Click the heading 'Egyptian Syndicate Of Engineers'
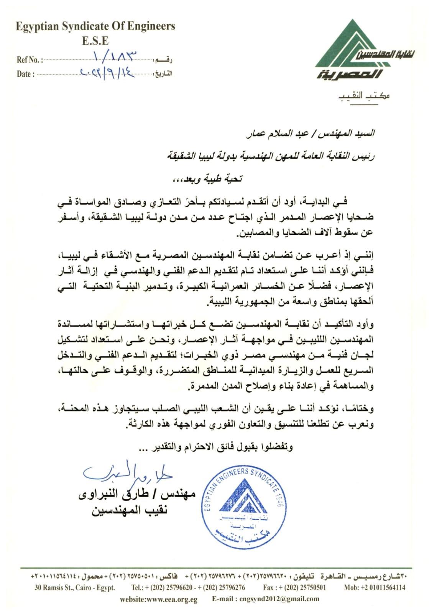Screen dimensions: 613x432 95,26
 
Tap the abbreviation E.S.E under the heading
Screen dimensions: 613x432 95,40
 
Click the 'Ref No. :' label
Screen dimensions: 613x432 30,60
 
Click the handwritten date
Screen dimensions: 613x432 108,72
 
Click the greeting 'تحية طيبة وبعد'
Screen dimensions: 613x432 209,179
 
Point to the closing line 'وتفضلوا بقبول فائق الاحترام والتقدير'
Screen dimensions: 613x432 216,447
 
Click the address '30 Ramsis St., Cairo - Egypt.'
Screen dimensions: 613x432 74,587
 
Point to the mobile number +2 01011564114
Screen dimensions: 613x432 375,587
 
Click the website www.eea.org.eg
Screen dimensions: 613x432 159,599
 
